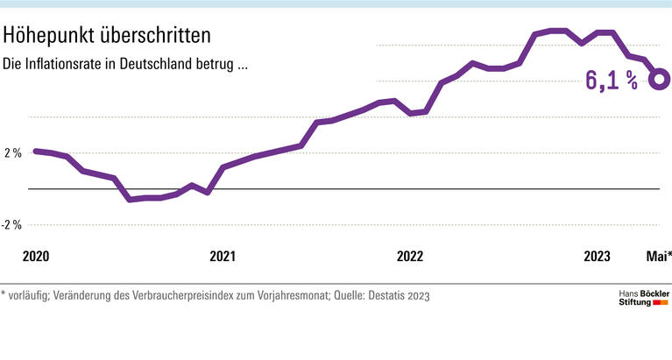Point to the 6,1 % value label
(611, 82)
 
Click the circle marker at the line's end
(660, 79)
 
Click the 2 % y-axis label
(12, 152)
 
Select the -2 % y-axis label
(11, 225)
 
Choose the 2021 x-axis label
(223, 257)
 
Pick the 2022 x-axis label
(410, 257)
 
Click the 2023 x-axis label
(598, 257)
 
